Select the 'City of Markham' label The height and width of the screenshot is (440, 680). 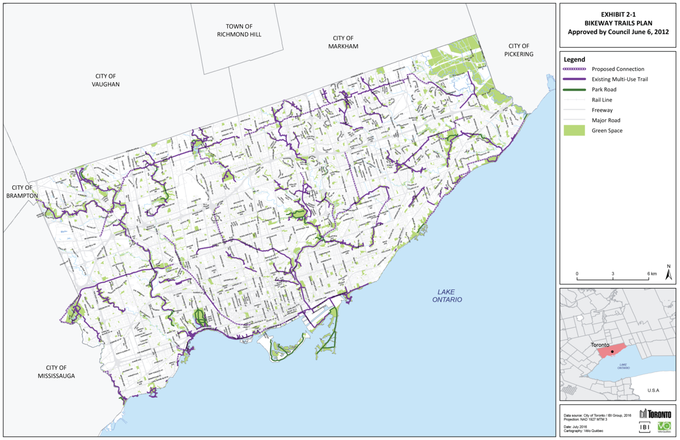click(x=343, y=42)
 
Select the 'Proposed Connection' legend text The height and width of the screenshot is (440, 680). click(x=618, y=69)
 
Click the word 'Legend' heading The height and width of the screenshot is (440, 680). click(x=574, y=59)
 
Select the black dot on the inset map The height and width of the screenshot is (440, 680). click(x=612, y=352)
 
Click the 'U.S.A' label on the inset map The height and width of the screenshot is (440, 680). click(x=653, y=391)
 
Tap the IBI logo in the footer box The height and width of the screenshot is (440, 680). click(x=645, y=426)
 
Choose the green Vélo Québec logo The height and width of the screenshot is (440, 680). click(x=664, y=426)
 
